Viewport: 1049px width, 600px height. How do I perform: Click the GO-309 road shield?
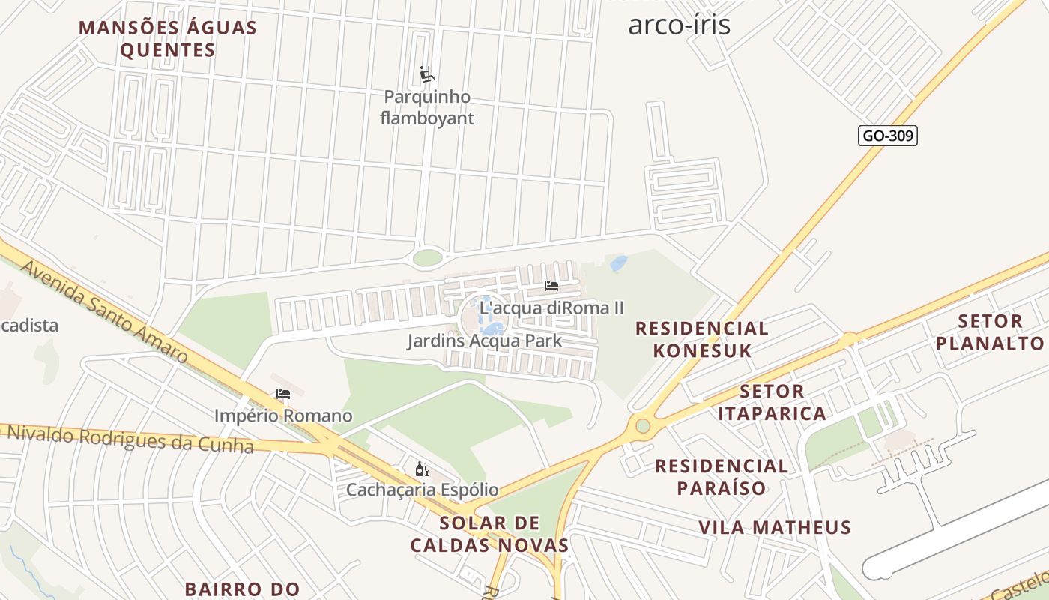point(887,136)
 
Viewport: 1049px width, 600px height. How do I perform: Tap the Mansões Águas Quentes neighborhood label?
point(168,39)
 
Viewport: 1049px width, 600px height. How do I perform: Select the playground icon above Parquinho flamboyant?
point(427,74)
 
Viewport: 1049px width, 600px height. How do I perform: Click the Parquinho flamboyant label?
point(427,107)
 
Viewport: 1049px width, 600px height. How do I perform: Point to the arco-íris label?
point(679,24)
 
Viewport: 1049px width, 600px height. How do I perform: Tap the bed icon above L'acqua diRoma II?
point(551,286)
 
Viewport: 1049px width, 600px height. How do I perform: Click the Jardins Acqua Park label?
point(484,341)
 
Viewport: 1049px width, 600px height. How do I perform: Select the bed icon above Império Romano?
point(283,394)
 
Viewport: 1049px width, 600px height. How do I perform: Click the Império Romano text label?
point(283,415)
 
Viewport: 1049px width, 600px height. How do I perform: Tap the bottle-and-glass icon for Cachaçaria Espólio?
point(422,469)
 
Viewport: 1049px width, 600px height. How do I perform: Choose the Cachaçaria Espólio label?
point(422,490)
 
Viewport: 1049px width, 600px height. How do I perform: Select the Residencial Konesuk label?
point(701,339)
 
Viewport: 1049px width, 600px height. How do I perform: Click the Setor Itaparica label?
point(772,402)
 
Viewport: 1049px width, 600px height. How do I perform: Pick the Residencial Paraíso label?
point(722,477)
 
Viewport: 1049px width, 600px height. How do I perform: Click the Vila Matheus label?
point(775,527)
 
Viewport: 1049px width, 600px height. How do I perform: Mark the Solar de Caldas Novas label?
point(489,534)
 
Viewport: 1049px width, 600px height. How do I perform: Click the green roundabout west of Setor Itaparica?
point(643,426)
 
